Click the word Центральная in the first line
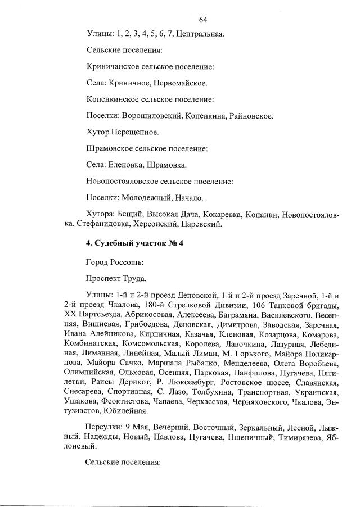tap(200, 34)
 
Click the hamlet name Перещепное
tap(137, 133)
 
